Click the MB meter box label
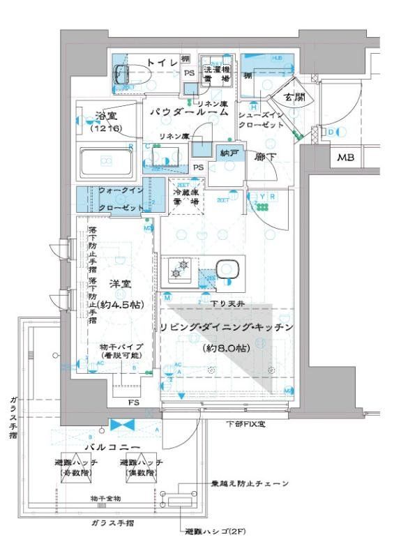click(x=347, y=158)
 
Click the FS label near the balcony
click(x=132, y=404)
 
